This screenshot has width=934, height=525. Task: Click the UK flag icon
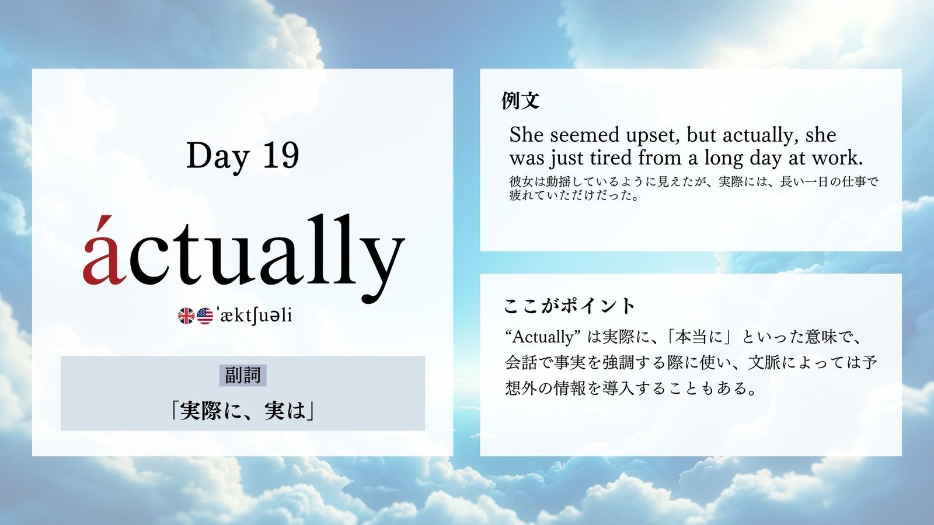click(186, 316)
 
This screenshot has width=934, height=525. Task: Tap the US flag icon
click(205, 316)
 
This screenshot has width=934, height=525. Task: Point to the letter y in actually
click(382, 267)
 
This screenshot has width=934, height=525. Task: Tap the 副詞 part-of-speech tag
click(243, 376)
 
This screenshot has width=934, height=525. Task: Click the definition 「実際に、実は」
click(243, 411)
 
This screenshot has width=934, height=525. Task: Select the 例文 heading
click(520, 100)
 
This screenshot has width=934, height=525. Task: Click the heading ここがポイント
click(569, 306)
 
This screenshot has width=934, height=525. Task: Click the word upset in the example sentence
click(653, 136)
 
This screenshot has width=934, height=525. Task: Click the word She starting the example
click(527, 135)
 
